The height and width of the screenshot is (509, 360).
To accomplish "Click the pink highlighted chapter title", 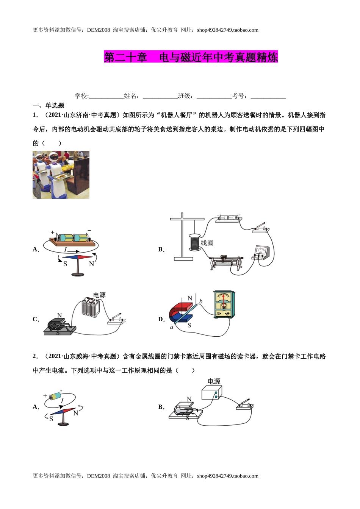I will click(x=191, y=57).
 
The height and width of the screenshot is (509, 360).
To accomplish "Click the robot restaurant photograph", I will click(x=61, y=175).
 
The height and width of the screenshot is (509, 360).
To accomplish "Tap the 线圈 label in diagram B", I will click(x=207, y=243).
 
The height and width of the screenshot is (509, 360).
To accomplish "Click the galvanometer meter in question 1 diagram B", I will click(x=261, y=252).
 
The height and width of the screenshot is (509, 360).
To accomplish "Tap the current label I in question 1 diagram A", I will click(x=66, y=250).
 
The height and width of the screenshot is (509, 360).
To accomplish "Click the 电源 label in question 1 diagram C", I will click(x=99, y=295).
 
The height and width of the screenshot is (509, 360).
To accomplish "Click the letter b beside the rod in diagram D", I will click(x=201, y=301).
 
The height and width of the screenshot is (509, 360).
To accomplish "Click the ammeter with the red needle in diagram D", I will click(x=224, y=305).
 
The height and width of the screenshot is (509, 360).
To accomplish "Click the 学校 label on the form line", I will click(x=81, y=96).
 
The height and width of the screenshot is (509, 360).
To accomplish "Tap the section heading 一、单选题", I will click(x=49, y=106).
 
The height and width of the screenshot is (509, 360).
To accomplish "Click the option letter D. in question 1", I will click(x=161, y=319).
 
